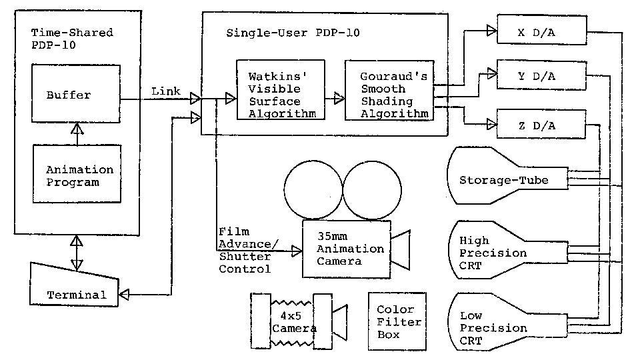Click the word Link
pyautogui.click(x=166, y=91)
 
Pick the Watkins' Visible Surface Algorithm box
pyautogui.click(x=275, y=90)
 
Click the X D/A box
pyautogui.click(x=541, y=32)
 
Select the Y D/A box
pyautogui.click(x=541, y=77)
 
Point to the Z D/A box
pyautogui.click(x=541, y=125)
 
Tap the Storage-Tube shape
pyautogui.click(x=505, y=179)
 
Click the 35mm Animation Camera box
pyautogui.click(x=346, y=249)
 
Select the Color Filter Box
pyautogui.click(x=397, y=321)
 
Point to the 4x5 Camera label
pyautogui.click(x=293, y=319)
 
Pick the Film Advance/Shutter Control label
pyautogui.click(x=245, y=250)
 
